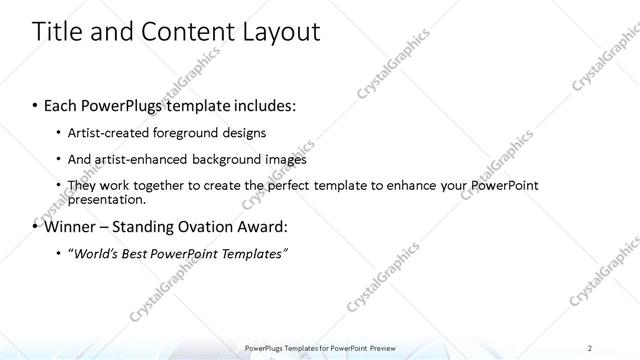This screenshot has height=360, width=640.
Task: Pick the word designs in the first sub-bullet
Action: click(x=244, y=133)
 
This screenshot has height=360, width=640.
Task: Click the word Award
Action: click(x=265, y=226)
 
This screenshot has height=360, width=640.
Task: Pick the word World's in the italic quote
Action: click(x=95, y=254)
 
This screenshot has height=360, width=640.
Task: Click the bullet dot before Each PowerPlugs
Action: click(x=35, y=105)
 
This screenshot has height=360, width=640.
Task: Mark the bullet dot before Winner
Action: click(x=35, y=227)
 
